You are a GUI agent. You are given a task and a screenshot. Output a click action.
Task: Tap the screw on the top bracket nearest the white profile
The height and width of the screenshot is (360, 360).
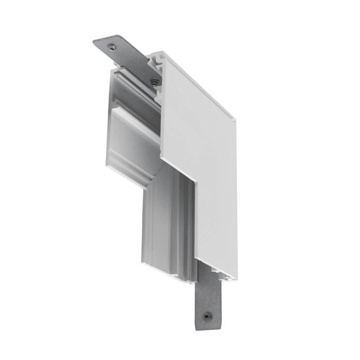click(154, 82)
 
